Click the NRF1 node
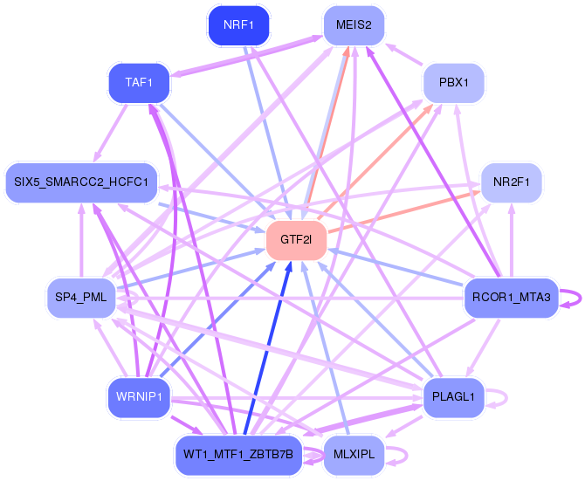coord(238,25)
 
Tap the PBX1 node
coord(453,84)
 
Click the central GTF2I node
coord(296,239)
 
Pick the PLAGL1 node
coord(453,397)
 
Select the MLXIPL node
coord(354,455)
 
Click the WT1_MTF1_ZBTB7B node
coord(237,455)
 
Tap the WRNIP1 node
coord(137,397)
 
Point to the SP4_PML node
coord(80,298)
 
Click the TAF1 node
coord(138,83)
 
